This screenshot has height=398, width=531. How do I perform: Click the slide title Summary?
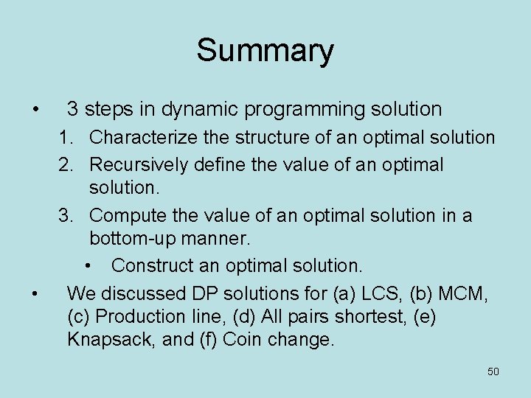pos(265,51)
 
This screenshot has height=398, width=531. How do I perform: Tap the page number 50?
pos(493,371)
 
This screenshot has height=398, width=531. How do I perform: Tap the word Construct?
pos(151,265)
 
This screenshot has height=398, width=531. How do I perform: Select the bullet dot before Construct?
pos(89,265)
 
